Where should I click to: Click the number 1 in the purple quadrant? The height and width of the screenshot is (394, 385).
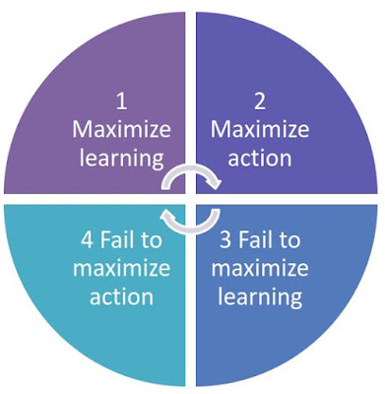[122, 101]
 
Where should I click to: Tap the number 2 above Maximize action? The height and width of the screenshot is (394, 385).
[260, 101]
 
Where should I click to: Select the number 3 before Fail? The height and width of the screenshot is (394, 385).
[225, 240]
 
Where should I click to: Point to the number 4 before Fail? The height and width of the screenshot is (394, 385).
[87, 240]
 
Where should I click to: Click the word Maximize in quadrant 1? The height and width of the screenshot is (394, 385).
[121, 129]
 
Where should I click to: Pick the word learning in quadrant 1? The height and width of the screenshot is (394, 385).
[121, 159]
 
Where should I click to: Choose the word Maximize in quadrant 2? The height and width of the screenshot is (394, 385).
[260, 129]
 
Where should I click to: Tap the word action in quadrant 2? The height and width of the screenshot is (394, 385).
[260, 159]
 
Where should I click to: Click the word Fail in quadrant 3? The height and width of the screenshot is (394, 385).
[253, 240]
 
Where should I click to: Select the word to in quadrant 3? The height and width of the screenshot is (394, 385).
[289, 240]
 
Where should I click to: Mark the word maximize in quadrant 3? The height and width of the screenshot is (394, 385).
[260, 268]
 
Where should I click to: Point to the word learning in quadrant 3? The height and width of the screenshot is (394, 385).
[260, 297]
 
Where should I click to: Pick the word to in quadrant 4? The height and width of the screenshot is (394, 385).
[152, 240]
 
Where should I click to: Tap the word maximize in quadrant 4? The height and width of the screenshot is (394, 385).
[121, 268]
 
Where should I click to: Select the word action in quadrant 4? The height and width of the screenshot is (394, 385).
[121, 296]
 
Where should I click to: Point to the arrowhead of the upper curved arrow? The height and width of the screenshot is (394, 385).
[215, 184]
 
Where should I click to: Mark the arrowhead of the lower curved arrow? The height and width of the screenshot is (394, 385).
[166, 215]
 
